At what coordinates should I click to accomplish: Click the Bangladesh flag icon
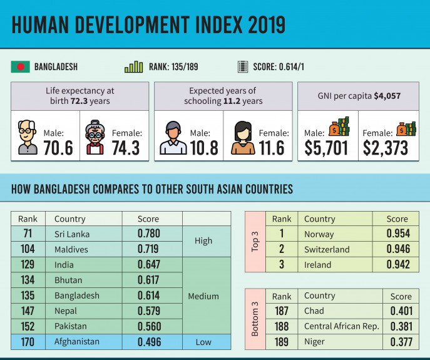pos(20,66)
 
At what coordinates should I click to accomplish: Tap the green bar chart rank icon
pos(134,66)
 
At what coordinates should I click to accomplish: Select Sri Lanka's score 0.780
pos(149,234)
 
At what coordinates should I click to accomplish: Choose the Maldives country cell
pos(71,249)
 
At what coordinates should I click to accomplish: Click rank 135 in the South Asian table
pos(28,296)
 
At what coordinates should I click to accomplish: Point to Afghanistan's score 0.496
pos(149,342)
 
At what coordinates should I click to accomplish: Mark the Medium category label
pos(203,296)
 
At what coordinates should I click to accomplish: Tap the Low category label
pos(203,342)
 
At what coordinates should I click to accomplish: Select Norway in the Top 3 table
pos(319,234)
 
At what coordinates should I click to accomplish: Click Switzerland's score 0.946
pos(397,249)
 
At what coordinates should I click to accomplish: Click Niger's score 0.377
pos(401,341)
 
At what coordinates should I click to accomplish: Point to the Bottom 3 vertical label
pos(255,319)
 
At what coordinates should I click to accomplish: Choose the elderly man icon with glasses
pos(28,138)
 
